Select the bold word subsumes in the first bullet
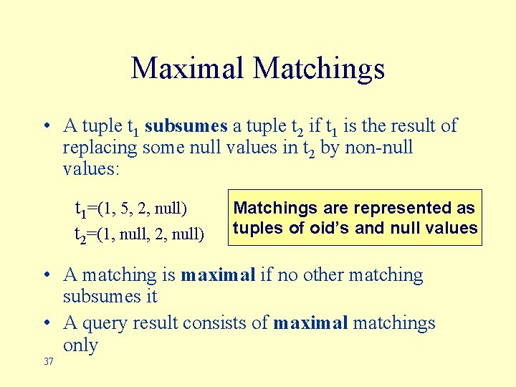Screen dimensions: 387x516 [x=186, y=126]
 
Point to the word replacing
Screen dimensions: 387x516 [x=100, y=148]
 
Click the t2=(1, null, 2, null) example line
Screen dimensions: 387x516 [x=140, y=233]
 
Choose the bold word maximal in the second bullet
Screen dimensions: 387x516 [x=218, y=274]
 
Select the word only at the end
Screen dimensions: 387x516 [x=80, y=345]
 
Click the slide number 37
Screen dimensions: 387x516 [x=49, y=362]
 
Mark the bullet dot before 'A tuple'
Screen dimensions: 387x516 [x=45, y=127]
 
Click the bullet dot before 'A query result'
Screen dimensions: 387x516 [x=45, y=324]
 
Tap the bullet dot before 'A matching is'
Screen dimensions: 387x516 [x=45, y=275]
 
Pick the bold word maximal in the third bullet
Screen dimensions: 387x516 [x=310, y=323]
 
